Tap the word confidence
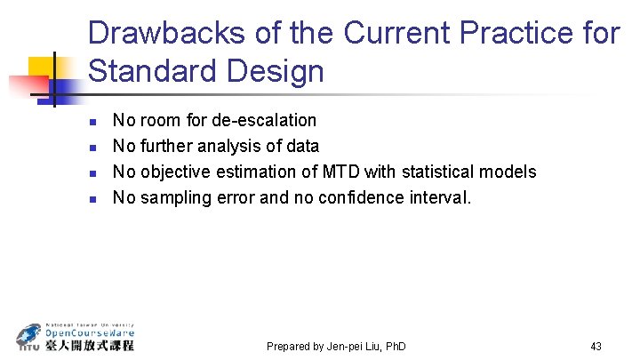[374, 197]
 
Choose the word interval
[441, 197]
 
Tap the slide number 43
[596, 346]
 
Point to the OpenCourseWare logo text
[90, 333]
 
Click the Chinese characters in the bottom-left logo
[90, 345]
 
